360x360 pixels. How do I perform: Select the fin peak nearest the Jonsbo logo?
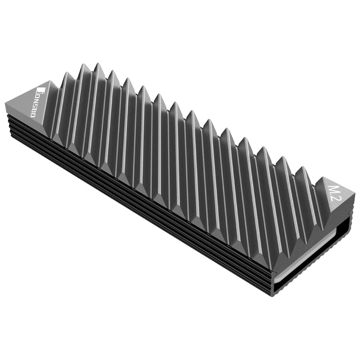84,66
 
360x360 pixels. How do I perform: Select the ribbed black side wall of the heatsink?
135,198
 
